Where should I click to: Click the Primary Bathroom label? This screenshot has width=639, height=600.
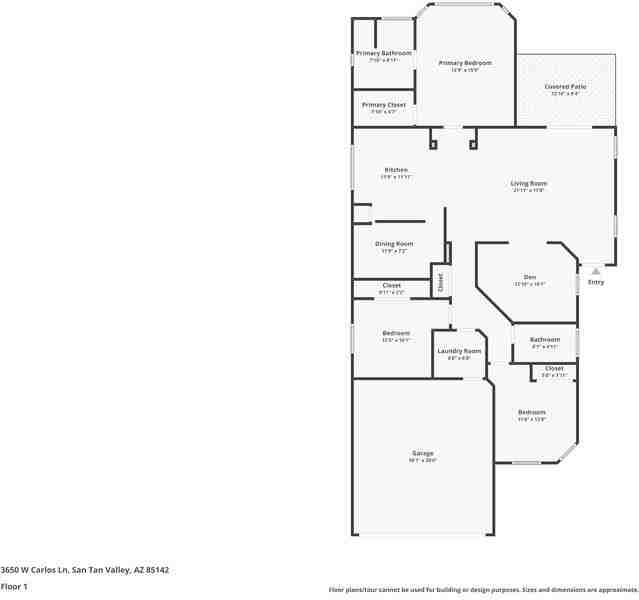tap(383, 53)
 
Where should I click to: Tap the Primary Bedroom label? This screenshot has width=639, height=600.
tap(465, 63)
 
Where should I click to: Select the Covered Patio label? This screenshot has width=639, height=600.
tap(565, 87)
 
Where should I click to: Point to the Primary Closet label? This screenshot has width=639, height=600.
tap(383, 104)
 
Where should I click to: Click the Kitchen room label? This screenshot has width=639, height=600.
tap(396, 170)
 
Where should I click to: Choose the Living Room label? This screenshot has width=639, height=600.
tap(529, 183)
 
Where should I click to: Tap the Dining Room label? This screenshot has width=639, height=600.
tap(394, 244)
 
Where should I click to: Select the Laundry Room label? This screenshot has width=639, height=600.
tap(459, 351)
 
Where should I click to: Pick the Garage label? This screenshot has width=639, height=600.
tap(422, 453)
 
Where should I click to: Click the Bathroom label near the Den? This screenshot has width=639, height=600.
tap(544, 339)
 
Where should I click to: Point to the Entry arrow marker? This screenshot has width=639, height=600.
tap(596, 270)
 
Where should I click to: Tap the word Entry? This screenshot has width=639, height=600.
tap(596, 282)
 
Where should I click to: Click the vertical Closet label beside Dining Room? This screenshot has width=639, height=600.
tap(440, 282)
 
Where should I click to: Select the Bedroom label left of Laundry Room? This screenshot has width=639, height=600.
tap(396, 333)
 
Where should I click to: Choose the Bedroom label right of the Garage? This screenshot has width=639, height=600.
tap(531, 412)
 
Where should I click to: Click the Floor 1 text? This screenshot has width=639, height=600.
tap(14, 586)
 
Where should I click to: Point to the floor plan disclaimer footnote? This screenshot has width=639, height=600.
tap(482, 590)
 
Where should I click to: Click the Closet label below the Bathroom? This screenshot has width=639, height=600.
tap(554, 368)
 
